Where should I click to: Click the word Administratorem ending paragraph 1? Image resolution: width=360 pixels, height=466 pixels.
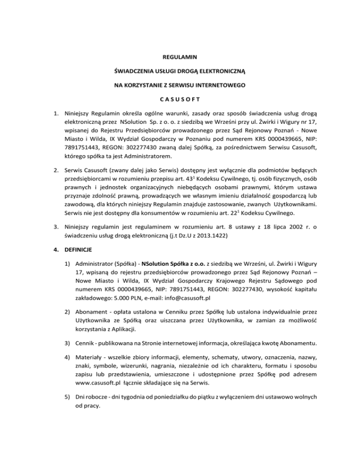[142, 156]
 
